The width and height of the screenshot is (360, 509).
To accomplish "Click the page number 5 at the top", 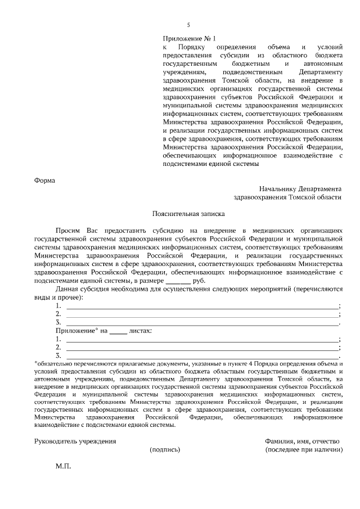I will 188,25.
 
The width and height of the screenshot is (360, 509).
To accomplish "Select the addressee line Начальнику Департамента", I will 300,189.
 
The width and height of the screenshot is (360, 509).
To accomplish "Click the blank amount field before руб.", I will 178,281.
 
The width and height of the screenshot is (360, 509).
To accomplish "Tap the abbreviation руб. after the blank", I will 199,280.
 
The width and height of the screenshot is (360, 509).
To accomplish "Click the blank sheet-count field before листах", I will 118,331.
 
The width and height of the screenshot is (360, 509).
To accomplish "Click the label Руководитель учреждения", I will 75,441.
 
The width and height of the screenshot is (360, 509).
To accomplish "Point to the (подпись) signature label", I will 165,450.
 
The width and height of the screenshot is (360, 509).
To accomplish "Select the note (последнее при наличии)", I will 304,450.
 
